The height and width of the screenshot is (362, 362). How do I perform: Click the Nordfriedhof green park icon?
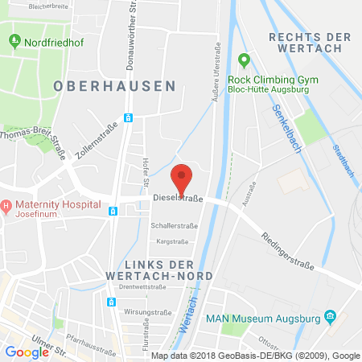click(14, 39)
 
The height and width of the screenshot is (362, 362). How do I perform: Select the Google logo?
click(27, 352)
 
